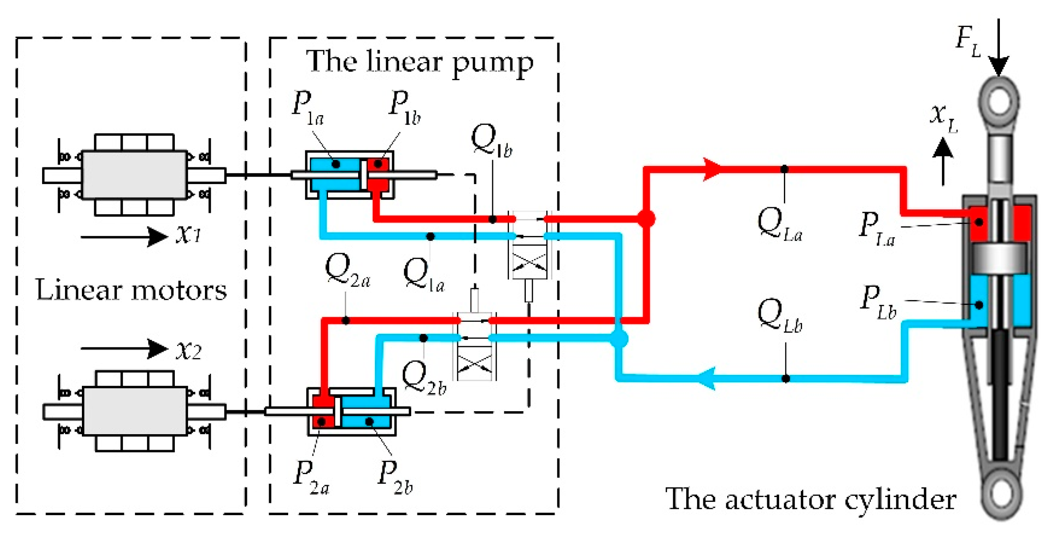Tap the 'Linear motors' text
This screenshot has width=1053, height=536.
click(131, 290)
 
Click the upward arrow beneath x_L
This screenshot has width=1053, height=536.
click(943, 162)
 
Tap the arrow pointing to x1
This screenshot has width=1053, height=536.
click(124, 237)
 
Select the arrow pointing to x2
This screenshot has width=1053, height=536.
click(124, 349)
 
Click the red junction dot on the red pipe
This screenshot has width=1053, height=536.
click(646, 219)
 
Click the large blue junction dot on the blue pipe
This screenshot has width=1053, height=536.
click(619, 339)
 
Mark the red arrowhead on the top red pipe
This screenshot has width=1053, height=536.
click(712, 170)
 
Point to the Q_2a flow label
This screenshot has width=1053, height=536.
click(347, 271)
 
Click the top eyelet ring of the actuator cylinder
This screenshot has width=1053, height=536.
click(999, 100)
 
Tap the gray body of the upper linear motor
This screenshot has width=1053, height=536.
click(134, 175)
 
